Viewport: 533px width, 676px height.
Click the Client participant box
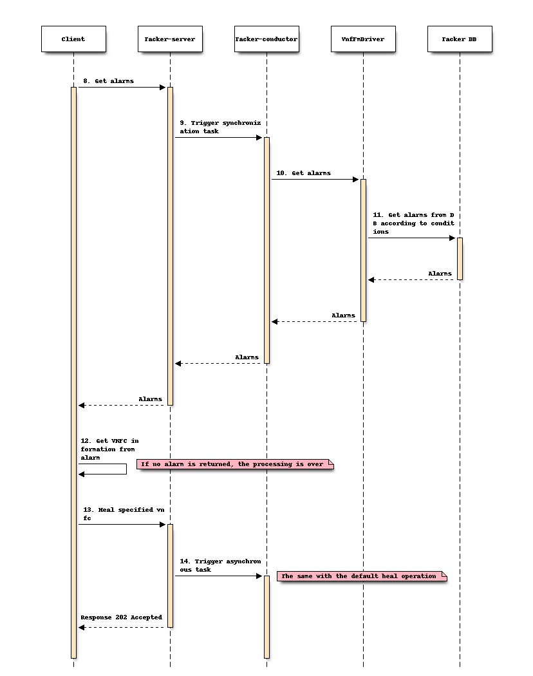[73, 39]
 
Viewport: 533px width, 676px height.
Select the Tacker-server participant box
[170, 39]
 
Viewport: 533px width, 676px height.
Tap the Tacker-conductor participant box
[266, 39]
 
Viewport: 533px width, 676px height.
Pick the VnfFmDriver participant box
[363, 39]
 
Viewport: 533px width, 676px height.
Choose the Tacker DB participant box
[460, 39]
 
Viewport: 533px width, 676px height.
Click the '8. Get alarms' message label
[109, 81]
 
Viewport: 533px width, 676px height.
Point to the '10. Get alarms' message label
[303, 173]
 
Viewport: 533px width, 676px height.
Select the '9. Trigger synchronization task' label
[220, 127]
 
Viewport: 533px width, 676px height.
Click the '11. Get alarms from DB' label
[413, 223]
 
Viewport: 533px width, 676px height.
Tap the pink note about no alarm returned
[235, 464]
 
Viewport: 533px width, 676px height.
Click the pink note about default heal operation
[361, 576]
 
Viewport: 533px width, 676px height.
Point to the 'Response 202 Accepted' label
[121, 617]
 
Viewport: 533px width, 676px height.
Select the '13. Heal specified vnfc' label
[122, 514]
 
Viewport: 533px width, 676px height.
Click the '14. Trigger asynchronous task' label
[220, 565]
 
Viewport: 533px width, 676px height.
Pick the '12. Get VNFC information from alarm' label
[109, 449]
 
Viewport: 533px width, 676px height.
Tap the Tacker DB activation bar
[460, 258]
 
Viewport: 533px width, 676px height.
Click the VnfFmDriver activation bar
[363, 250]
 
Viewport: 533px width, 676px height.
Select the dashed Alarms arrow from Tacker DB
[412, 279]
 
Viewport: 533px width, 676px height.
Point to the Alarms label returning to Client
[151, 399]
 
